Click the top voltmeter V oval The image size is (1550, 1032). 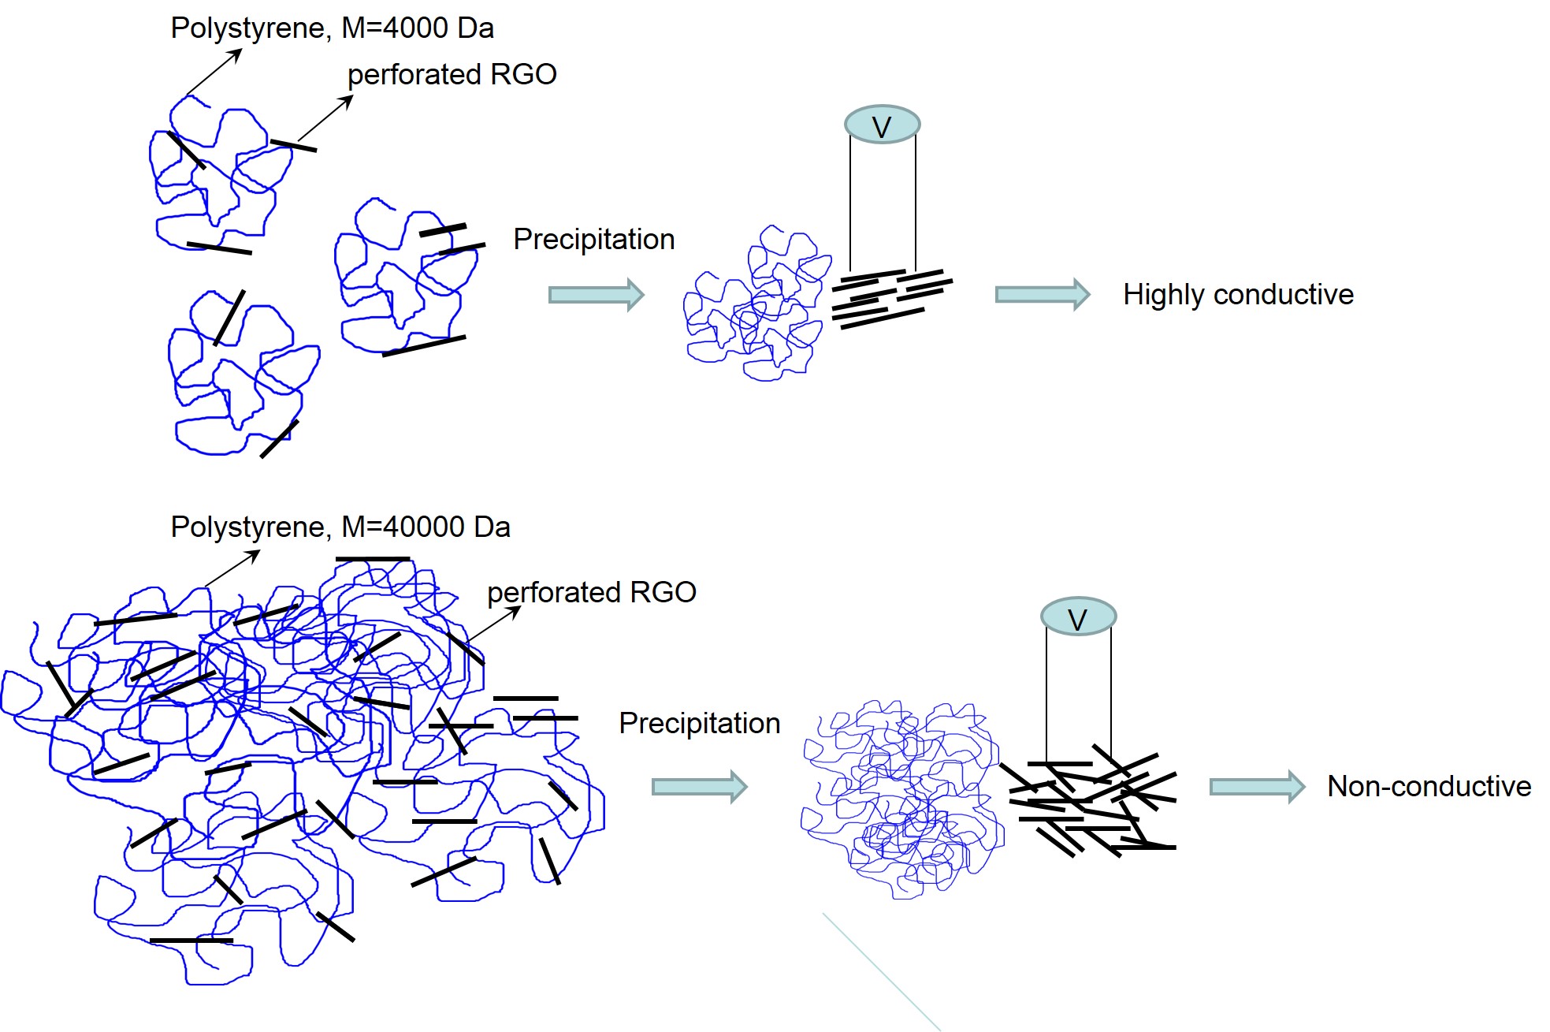[882, 125]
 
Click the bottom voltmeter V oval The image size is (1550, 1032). [1077, 617]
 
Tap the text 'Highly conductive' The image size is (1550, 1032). [1237, 294]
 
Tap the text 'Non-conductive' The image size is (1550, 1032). [1428, 786]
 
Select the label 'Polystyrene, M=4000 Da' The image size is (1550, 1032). [332, 28]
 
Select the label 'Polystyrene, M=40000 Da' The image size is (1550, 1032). [340, 527]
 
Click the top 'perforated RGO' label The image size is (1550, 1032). [452, 75]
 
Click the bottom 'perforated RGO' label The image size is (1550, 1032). [591, 592]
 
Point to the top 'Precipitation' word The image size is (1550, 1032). [593, 239]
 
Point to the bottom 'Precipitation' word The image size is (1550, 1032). [699, 723]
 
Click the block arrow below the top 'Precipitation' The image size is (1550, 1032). [596, 295]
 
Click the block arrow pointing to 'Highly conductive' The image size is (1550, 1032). [1042, 295]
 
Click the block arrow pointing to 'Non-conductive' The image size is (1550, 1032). [1256, 787]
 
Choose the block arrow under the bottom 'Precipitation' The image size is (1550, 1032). [698, 787]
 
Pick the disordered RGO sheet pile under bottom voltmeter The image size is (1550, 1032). [1091, 800]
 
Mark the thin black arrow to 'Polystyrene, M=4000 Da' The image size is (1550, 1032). [214, 72]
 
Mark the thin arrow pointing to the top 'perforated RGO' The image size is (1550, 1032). [325, 118]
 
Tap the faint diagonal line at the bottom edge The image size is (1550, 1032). [881, 971]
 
